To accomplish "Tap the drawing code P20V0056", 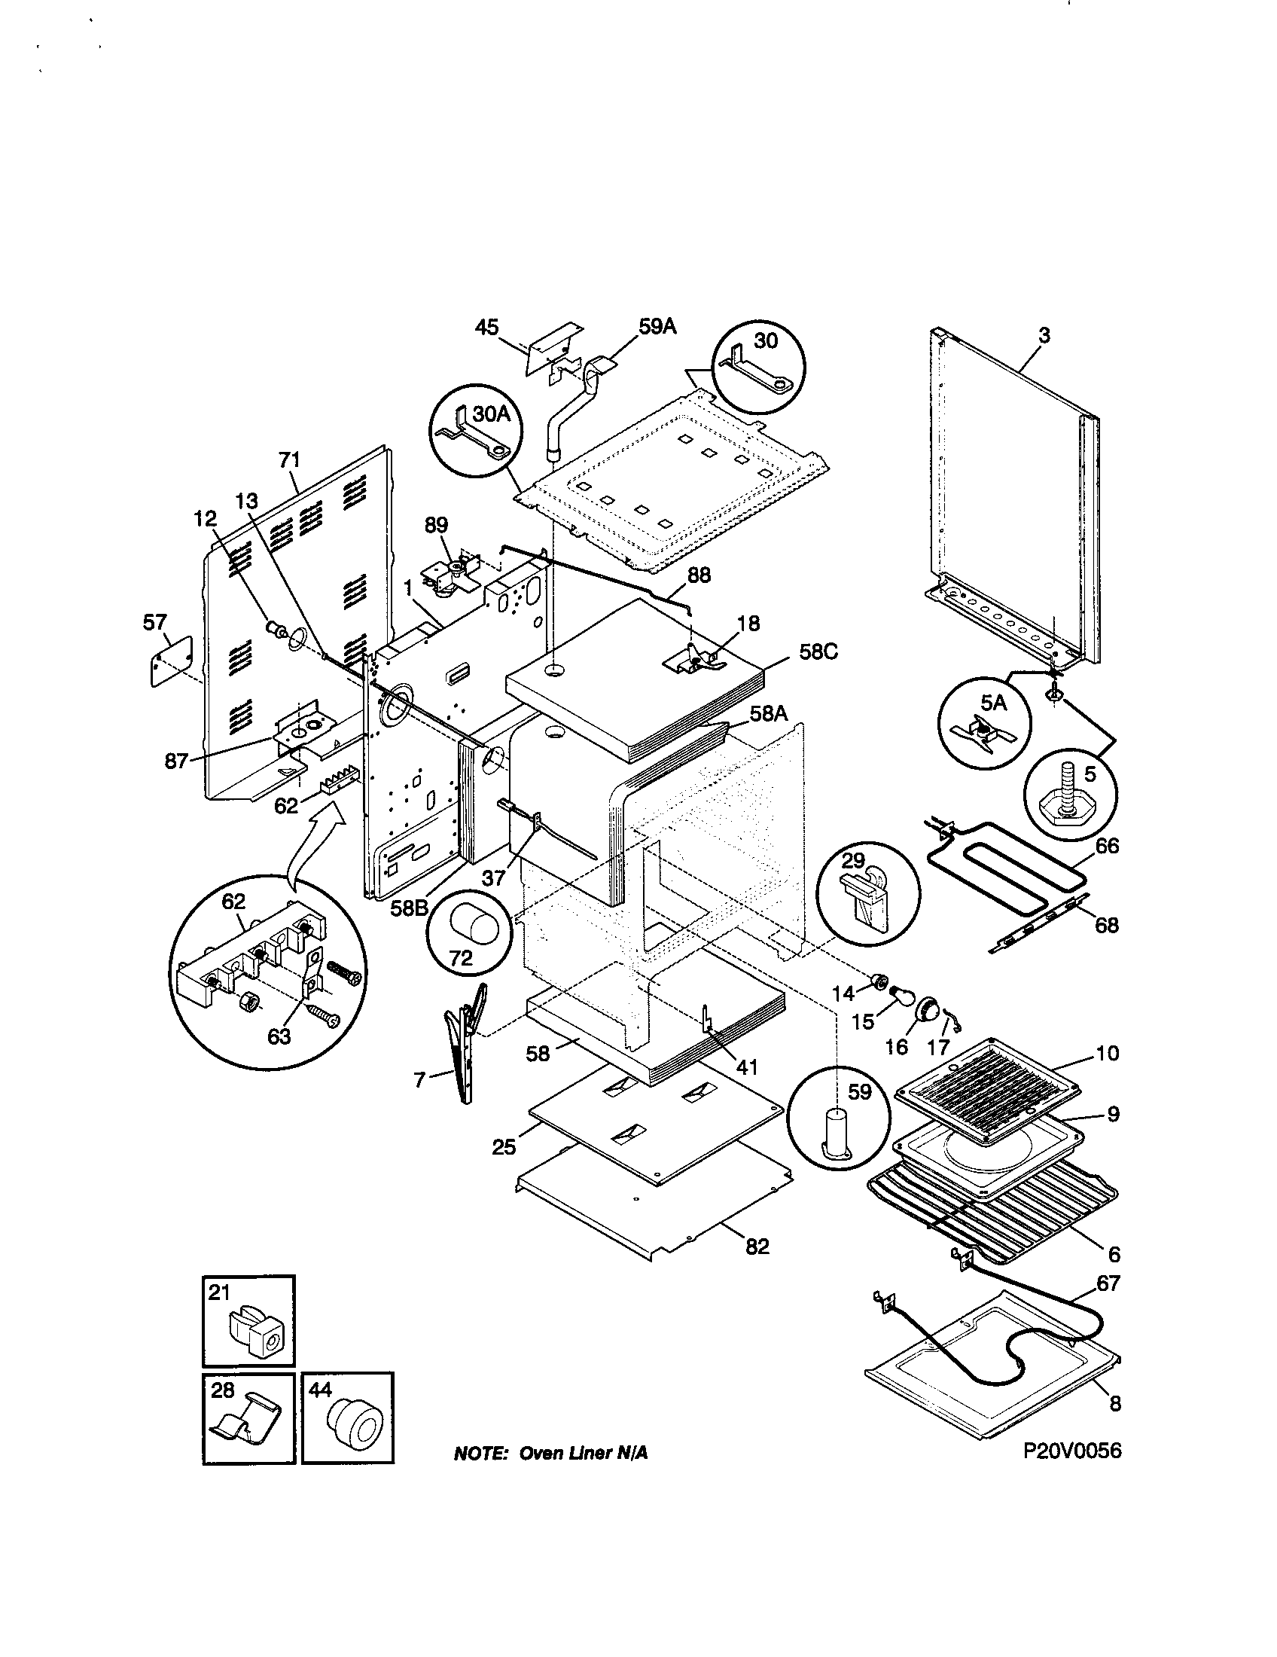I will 1071,1450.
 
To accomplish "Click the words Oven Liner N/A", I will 582,1453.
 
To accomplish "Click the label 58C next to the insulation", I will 818,652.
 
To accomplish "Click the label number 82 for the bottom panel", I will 757,1247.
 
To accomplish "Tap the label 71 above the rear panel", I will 290,459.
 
